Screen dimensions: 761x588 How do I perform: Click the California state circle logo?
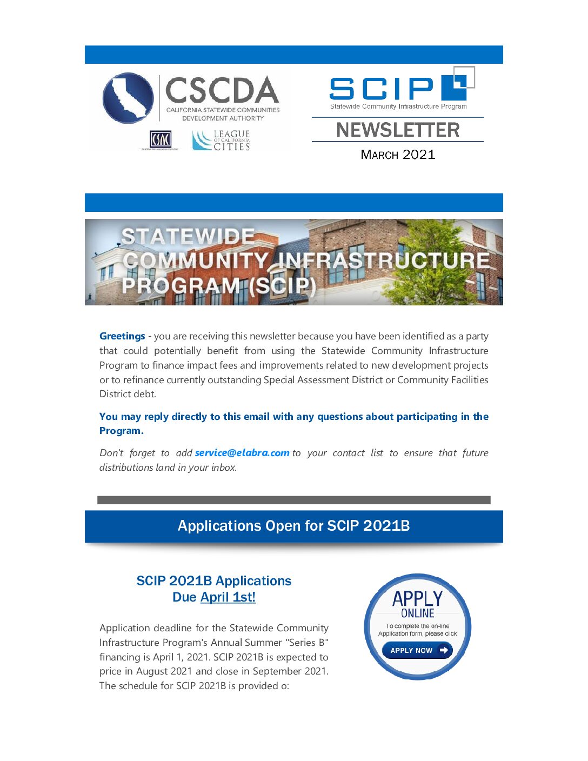point(128,98)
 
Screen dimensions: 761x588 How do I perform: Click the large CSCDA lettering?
point(222,90)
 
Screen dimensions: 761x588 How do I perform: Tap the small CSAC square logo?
point(160,140)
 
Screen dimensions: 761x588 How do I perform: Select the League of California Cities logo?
point(222,140)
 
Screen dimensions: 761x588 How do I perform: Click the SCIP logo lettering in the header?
point(382,89)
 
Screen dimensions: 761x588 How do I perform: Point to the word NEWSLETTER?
point(398,130)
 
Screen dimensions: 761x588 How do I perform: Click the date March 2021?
point(398,155)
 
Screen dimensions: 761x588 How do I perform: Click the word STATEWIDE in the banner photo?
point(188,237)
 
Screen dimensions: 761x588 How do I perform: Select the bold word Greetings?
point(122,336)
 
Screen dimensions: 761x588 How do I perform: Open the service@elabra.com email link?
point(242,453)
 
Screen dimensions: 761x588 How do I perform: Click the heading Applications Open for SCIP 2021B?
point(293,526)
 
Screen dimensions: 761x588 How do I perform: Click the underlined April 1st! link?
point(228,597)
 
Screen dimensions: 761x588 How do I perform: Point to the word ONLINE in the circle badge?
point(417,613)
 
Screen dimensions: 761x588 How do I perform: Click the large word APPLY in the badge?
point(417,598)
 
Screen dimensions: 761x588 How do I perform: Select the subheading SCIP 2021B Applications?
point(213,581)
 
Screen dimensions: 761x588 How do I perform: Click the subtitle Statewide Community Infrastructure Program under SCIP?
point(398,106)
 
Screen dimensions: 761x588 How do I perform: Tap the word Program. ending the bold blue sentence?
point(122,431)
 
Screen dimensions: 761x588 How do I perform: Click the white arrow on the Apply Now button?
point(444,650)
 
